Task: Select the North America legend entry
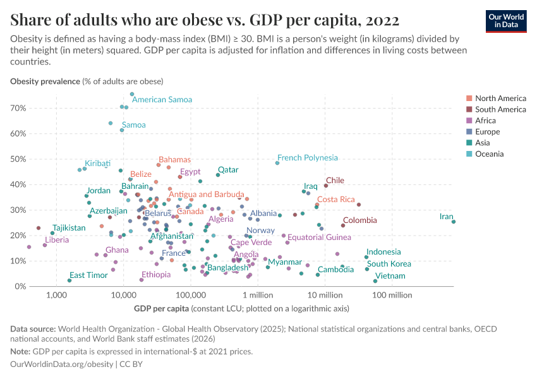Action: [x=500, y=99]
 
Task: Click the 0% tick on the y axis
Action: [x=19, y=286]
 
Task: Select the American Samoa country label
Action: [x=162, y=100]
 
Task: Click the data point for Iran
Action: [x=454, y=222]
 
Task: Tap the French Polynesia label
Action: [x=307, y=158]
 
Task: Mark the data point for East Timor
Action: [x=69, y=280]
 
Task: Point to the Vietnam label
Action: [x=390, y=276]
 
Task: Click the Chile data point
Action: [x=326, y=186]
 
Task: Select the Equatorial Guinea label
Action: [x=319, y=238]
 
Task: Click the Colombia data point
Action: [x=343, y=226]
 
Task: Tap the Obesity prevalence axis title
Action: [x=45, y=81]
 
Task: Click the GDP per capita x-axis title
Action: [x=161, y=309]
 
